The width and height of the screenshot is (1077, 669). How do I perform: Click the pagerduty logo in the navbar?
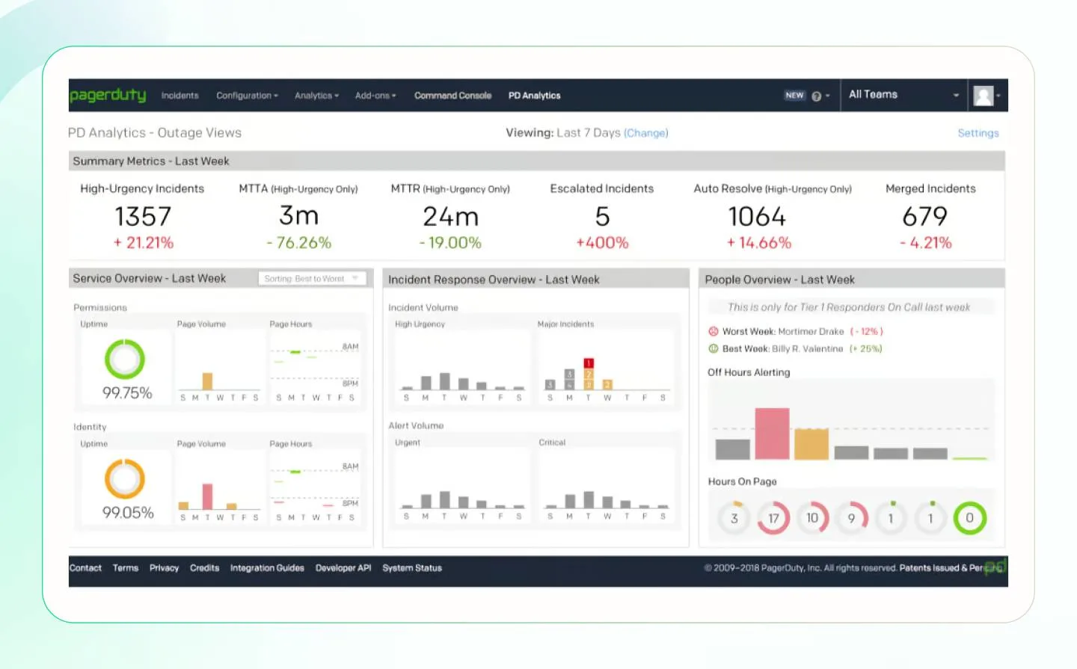pyautogui.click(x=107, y=95)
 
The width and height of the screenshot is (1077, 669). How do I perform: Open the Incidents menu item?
pyautogui.click(x=179, y=96)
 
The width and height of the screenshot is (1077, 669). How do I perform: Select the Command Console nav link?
pyautogui.click(x=452, y=96)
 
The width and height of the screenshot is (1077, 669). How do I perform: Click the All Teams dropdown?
pyautogui.click(x=903, y=95)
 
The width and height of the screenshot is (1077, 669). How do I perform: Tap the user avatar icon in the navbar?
pyautogui.click(x=984, y=96)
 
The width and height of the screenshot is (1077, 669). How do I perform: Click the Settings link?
pyautogui.click(x=978, y=133)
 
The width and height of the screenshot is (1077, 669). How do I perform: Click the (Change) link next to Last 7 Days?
pyautogui.click(x=645, y=133)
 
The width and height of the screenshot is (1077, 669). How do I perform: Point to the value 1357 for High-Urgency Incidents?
pyautogui.click(x=143, y=217)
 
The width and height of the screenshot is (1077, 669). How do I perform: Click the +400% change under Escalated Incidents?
pyautogui.click(x=602, y=243)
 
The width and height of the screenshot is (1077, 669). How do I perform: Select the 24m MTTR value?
pyautogui.click(x=450, y=217)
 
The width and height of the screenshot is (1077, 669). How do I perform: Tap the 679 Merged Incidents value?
pyautogui.click(x=924, y=217)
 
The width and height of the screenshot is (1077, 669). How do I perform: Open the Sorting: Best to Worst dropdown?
pyautogui.click(x=312, y=279)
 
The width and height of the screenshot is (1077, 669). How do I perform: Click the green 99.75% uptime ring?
pyautogui.click(x=125, y=360)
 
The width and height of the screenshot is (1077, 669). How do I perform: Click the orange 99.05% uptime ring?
pyautogui.click(x=125, y=479)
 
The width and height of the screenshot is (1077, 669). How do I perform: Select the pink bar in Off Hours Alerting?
pyautogui.click(x=772, y=434)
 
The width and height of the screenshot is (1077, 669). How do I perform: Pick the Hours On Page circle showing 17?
pyautogui.click(x=773, y=518)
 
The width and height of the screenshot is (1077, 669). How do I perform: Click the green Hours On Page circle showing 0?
pyautogui.click(x=969, y=518)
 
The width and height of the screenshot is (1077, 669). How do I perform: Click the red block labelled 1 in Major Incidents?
pyautogui.click(x=589, y=363)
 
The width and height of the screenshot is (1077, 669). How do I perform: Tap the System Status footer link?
pyautogui.click(x=412, y=568)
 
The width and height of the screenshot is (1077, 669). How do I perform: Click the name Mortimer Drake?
pyautogui.click(x=811, y=331)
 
